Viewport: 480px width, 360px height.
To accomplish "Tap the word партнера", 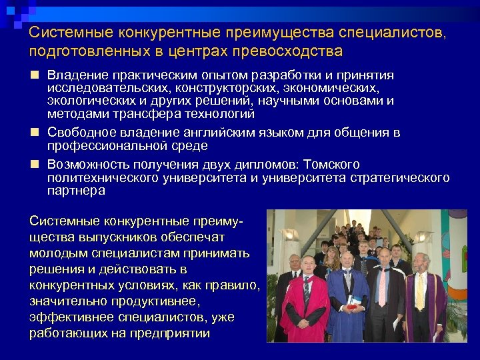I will tap(76, 190).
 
